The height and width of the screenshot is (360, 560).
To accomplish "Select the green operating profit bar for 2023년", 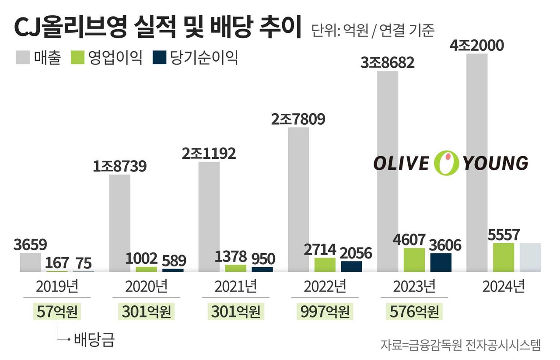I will [414, 260].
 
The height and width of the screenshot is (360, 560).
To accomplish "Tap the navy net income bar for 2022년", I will [351, 266].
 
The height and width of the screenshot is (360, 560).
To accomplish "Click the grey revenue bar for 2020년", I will [119, 223].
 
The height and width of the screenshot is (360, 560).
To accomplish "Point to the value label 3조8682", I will [387, 63].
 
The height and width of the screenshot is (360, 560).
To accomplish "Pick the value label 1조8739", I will [119, 167].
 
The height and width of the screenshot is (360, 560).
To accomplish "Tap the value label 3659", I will [30, 245].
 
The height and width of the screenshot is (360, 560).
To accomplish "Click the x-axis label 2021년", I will [235, 287].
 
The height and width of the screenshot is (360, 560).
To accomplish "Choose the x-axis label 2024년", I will [503, 287].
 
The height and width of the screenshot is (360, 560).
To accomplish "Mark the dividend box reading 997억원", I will [325, 311].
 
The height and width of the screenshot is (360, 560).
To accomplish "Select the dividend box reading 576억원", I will [414, 311].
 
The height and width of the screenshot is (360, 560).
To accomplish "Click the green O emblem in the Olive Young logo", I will [446, 163].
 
